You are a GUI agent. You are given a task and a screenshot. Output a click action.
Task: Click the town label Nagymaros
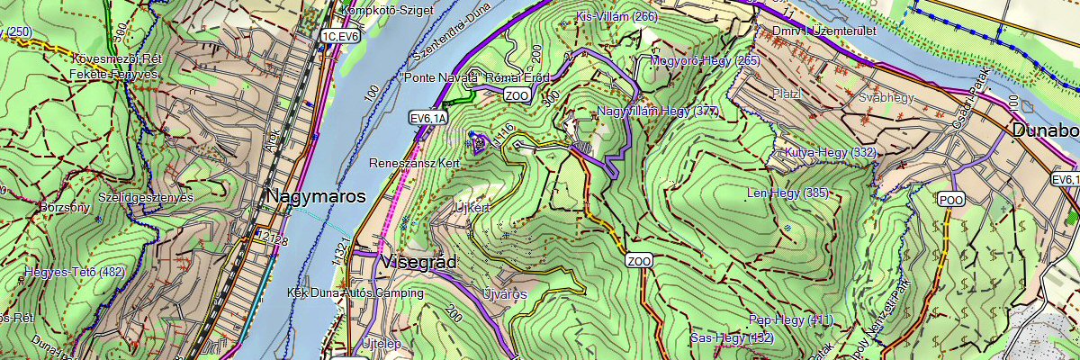pos(315,196)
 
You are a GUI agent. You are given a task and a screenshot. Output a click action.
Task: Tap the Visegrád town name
pos(419,263)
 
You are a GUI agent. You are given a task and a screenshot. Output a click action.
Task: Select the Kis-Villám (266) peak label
pos(617,17)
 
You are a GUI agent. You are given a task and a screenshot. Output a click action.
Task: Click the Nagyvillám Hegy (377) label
pos(658,112)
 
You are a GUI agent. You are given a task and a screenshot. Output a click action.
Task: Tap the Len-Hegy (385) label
pos(788,193)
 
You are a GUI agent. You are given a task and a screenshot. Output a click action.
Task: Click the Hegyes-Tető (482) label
pos(75,271)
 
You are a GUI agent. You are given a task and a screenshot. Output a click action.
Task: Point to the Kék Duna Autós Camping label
pos(355,293)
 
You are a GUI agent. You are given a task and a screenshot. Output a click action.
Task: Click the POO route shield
pos(950,199)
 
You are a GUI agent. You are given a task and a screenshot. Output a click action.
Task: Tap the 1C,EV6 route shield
pos(339,36)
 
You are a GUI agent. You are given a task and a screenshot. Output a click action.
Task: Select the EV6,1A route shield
pos(427,118)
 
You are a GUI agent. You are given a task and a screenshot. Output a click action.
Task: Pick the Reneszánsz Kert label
pos(415,164)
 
